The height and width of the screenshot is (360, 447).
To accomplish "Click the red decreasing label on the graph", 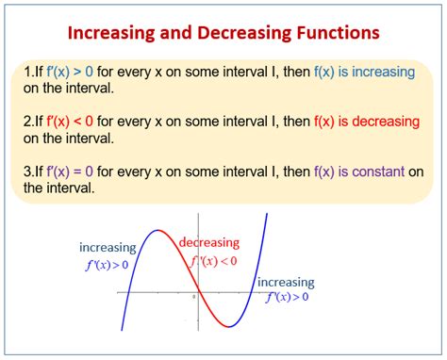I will point(209,242).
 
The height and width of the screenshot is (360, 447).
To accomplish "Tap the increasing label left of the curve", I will point(107,248).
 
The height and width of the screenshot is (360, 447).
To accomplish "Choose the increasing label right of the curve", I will point(287,282).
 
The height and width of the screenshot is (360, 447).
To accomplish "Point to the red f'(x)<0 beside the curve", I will point(213,261).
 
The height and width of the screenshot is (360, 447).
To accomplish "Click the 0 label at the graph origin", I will point(192,298).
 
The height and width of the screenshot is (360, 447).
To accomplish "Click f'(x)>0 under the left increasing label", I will point(107,265).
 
